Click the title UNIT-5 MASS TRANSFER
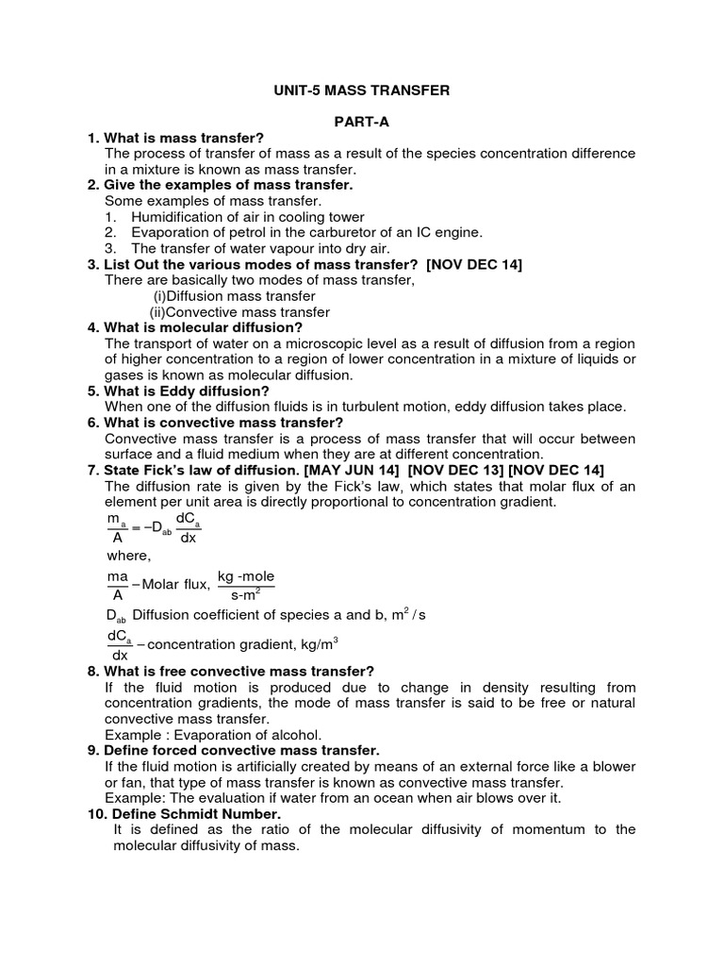tap(363, 91)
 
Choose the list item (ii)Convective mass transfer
tap(239, 312)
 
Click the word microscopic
tap(330, 343)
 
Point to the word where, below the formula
tap(128, 556)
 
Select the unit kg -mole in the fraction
tap(247, 576)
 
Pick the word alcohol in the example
tap(290, 735)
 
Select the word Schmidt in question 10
tap(191, 813)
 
